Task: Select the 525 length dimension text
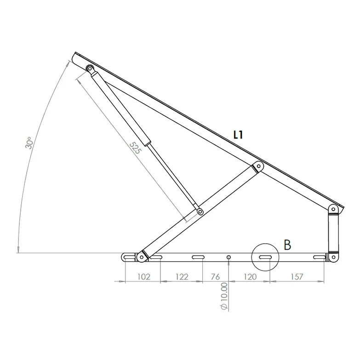(x=135, y=148)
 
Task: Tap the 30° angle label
(x=29, y=143)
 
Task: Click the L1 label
(x=238, y=135)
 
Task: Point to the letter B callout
(x=287, y=245)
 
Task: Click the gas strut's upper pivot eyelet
(x=90, y=69)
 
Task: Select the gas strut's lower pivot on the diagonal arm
(x=200, y=211)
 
